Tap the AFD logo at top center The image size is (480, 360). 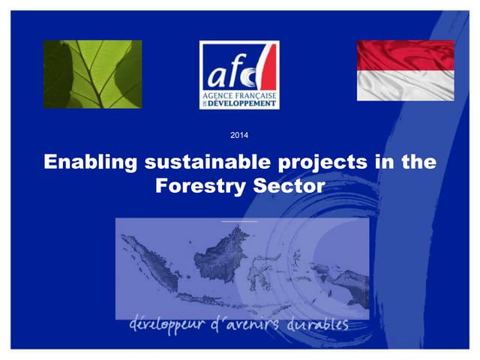[x=239, y=74]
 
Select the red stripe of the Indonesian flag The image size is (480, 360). [x=405, y=55]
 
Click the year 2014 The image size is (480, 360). [x=240, y=135]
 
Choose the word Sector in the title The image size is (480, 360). [x=288, y=185]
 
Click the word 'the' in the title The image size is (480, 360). [x=418, y=163]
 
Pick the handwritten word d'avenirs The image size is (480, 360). [x=247, y=325]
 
